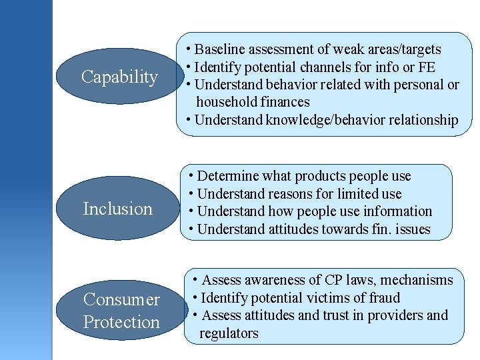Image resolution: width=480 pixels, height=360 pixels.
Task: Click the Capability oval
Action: [119, 77]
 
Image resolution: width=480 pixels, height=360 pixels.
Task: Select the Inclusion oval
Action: [118, 209]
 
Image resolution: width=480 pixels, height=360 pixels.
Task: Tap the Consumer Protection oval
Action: [121, 311]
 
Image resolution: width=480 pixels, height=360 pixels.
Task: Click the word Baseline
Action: [221, 49]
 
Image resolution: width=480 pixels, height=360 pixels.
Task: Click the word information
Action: [396, 211]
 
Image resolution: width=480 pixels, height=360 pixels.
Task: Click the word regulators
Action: [229, 333]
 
